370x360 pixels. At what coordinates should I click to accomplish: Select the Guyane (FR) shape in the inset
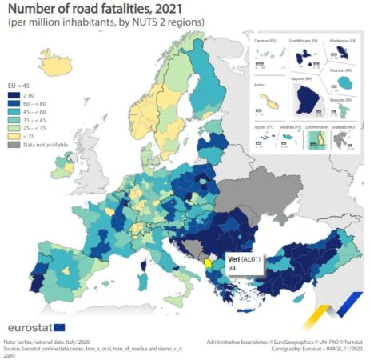307,100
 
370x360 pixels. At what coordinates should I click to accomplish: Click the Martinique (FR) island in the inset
344,52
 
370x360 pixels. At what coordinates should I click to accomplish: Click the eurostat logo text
30,327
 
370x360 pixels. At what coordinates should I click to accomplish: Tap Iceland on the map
57,66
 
